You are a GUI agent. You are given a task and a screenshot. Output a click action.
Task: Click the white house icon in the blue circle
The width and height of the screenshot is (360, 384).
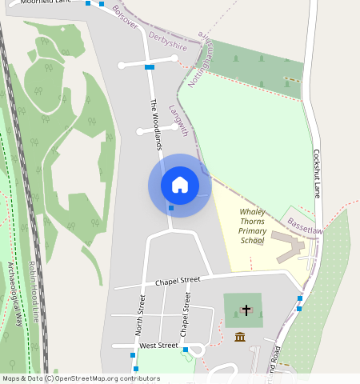click(x=180, y=185)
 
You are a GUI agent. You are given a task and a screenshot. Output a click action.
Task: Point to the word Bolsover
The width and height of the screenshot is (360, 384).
click(x=126, y=18)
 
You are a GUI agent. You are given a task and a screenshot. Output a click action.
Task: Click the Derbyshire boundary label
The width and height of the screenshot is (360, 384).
click(x=168, y=42)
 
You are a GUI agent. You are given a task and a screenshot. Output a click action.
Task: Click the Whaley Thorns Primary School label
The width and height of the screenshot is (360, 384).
click(x=252, y=226)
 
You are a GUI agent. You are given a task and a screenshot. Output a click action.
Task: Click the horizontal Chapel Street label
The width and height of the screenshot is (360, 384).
click(x=178, y=281)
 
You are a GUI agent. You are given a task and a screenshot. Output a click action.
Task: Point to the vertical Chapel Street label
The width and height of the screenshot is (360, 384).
click(x=186, y=313)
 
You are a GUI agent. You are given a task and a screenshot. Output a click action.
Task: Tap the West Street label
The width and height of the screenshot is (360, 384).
click(x=158, y=346)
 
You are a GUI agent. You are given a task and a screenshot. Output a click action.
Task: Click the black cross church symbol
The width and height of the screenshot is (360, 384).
click(x=246, y=310)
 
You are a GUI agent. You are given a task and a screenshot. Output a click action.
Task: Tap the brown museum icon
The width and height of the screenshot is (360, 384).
click(x=239, y=337)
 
